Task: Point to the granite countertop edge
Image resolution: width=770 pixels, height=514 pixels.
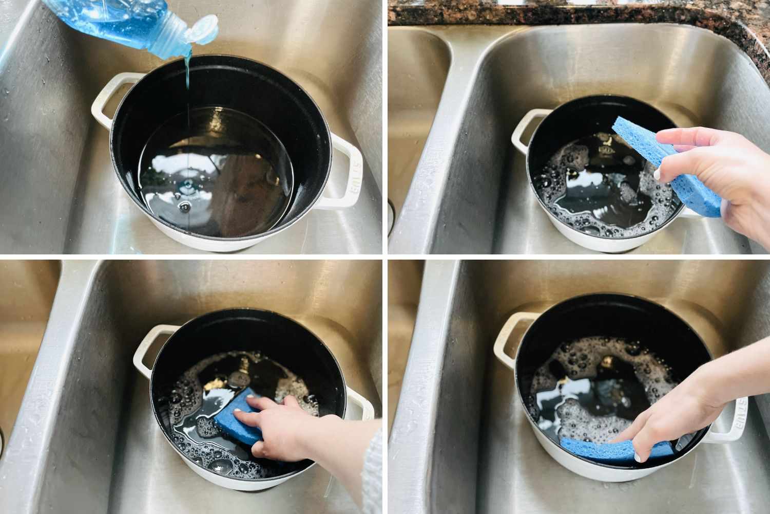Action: pyautogui.click(x=565, y=13)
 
